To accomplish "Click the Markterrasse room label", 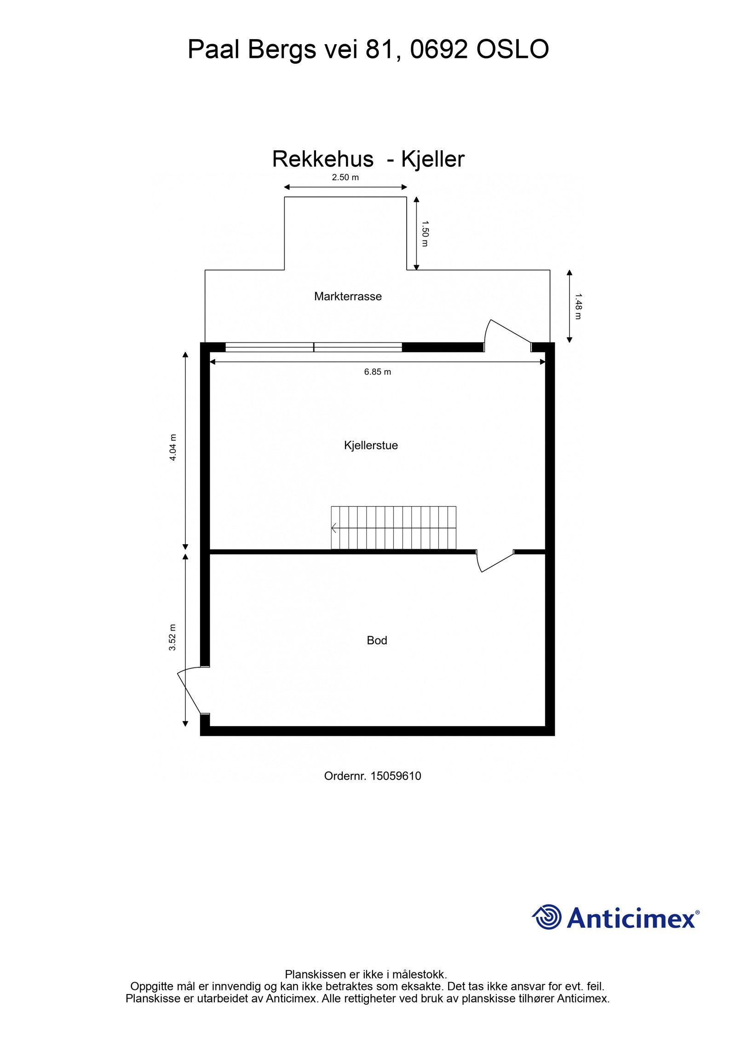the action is coord(348,296).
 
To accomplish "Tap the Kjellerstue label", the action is coord(371,445).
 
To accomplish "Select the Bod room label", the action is coord(377,640).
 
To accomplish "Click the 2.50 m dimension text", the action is coord(345,177).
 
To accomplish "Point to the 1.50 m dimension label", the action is coord(425,233).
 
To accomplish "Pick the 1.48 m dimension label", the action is coord(578,307).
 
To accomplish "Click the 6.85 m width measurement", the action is coord(378,372).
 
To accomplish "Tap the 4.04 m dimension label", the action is coord(173,448).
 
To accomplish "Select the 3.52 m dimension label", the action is coord(172,637).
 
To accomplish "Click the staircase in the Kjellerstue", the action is coord(394,528).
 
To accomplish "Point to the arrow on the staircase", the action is coord(334,528).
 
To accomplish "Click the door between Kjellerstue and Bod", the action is coord(494,561).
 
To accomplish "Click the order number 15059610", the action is coord(396,776).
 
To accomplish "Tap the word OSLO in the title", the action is coord(512,49).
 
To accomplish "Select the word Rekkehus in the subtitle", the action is coord(323,159).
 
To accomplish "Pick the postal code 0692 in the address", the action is coord(439,49).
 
